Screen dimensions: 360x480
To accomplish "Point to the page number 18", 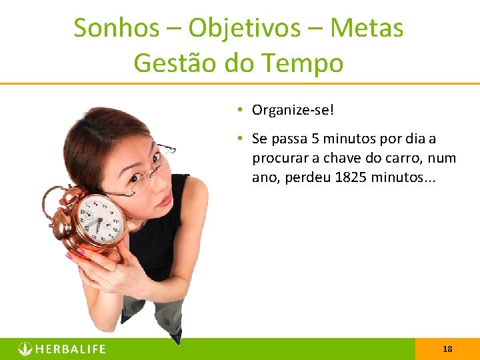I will [447, 349].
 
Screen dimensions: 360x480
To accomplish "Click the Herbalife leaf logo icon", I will [25, 349].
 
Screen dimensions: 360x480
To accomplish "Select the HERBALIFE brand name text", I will [71, 349].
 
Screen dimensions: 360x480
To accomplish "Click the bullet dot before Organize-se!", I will [238, 109].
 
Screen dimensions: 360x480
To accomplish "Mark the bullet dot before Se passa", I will [238, 139].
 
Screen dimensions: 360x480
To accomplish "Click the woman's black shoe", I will [175, 337].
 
